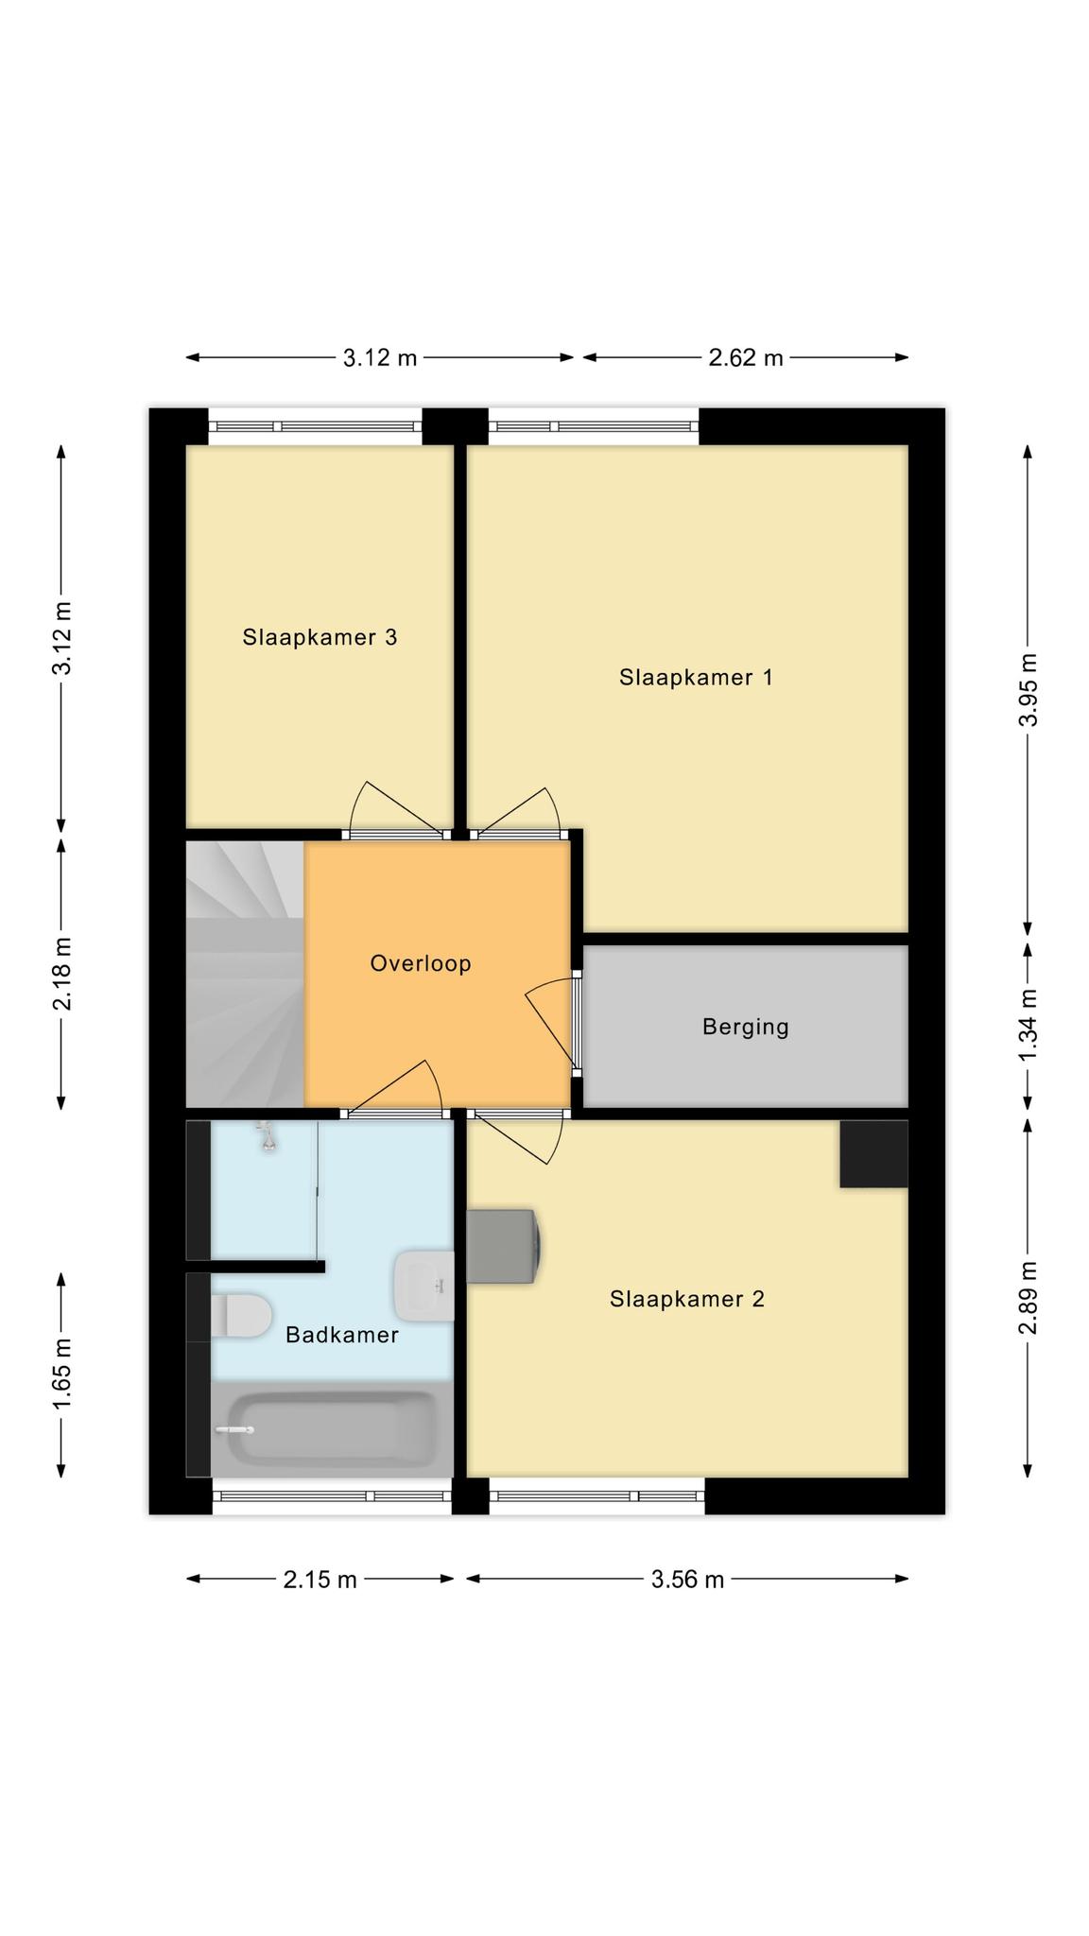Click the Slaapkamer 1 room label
[696, 678]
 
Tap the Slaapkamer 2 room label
[686, 1300]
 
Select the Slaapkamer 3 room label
[320, 638]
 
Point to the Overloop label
[421, 964]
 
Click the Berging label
[745, 1028]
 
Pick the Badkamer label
[342, 1335]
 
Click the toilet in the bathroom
[241, 1316]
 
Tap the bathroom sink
[424, 1286]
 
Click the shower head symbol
[268, 1137]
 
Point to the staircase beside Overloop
[245, 974]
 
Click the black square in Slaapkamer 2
[874, 1153]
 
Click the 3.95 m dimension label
[1028, 689]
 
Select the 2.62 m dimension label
[746, 358]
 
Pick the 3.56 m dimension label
[687, 1580]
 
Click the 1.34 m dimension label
[1028, 1025]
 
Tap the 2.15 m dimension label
[320, 1580]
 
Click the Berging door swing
[549, 1023]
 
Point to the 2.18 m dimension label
[62, 974]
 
